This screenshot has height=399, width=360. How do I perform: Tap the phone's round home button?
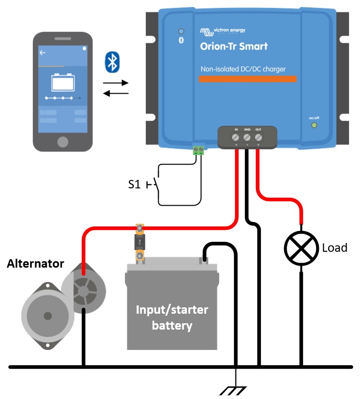point(62,142)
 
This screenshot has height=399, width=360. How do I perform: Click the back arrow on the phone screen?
point(43,52)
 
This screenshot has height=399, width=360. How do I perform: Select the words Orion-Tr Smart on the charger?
point(234,47)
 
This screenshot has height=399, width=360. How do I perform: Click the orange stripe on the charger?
point(247,79)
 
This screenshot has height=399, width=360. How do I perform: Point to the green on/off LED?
point(313,125)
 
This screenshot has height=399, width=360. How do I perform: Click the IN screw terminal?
point(236,137)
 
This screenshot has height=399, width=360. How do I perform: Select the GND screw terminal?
point(247,137)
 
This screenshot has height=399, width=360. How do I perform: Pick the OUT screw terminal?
point(258,137)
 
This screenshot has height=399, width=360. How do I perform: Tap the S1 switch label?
point(134,185)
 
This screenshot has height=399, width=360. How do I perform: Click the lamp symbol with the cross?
point(301,248)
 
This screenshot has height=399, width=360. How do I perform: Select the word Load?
point(335,248)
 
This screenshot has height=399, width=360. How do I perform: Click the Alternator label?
point(35,264)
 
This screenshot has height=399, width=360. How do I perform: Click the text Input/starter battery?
point(172,318)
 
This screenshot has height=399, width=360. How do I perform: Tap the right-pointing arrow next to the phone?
point(116,82)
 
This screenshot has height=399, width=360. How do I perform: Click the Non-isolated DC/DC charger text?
point(243,69)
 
